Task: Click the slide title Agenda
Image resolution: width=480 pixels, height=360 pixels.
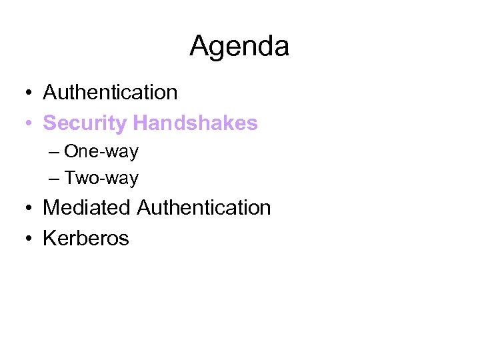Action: pos(239,47)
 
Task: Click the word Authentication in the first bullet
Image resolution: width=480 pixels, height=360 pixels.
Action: pos(110,92)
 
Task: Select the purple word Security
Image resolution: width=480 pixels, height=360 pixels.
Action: pos(85,123)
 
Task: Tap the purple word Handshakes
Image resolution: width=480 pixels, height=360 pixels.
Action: pos(195,123)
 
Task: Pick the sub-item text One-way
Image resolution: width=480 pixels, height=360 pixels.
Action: pos(101,151)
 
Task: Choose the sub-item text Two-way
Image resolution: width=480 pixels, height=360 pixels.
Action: pos(101,178)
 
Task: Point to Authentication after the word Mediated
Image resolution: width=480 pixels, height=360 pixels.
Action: pos(204,207)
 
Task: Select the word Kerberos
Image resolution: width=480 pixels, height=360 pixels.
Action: pos(86,238)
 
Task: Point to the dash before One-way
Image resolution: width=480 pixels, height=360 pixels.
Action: pos(54,152)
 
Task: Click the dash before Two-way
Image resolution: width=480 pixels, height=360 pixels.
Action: pos(54,179)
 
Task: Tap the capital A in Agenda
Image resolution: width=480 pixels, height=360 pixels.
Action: pos(199,46)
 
